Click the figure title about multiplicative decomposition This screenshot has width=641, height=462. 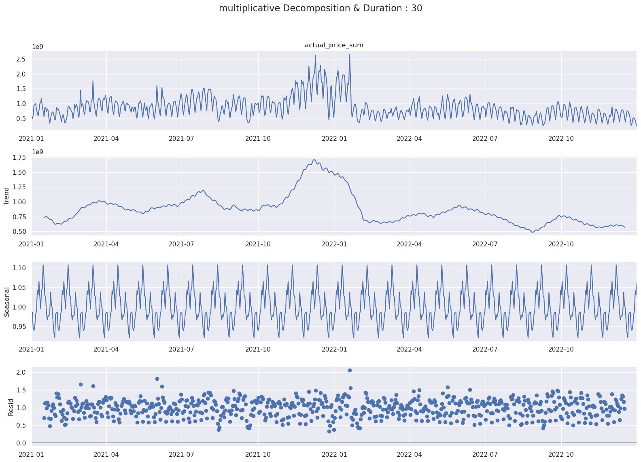pos(320,8)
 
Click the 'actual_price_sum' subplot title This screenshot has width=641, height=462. pos(334,45)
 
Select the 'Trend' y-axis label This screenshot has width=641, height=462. pos(6,196)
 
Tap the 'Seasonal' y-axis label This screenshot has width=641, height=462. pos(6,302)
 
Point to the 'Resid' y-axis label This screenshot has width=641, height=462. pos(11,407)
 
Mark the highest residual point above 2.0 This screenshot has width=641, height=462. pos(350,370)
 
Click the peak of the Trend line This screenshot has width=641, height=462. pos(314,160)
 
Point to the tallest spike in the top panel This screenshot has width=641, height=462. pos(350,55)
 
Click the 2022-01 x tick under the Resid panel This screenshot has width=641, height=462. pos(334,455)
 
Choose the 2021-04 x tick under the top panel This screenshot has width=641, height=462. pos(106,138)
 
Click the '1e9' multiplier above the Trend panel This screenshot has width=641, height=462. pos(38,152)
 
